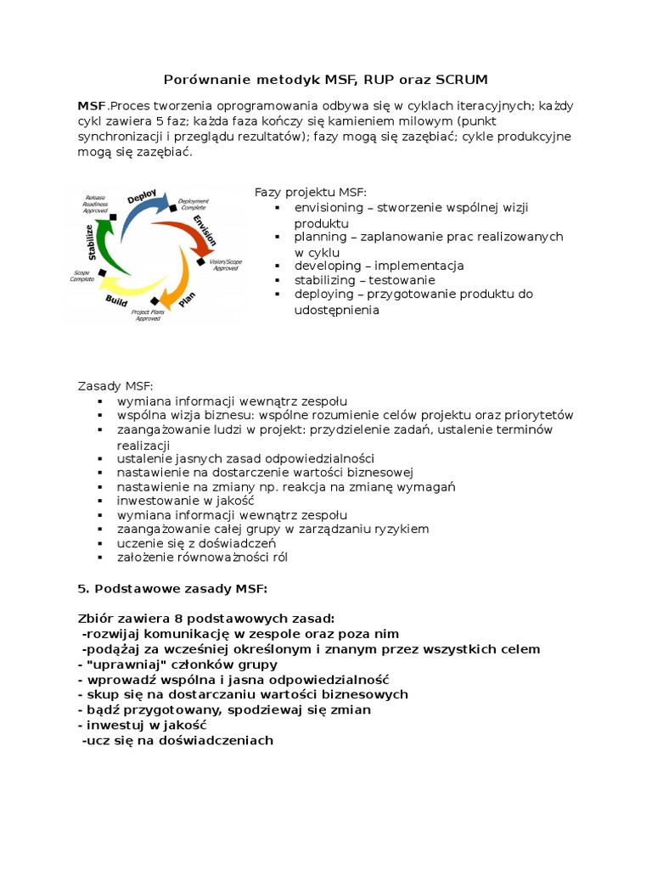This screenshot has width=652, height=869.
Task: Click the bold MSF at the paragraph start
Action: click(92, 106)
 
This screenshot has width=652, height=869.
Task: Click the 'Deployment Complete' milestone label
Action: click(193, 204)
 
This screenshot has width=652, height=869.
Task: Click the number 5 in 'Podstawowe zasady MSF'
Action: click(81, 589)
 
